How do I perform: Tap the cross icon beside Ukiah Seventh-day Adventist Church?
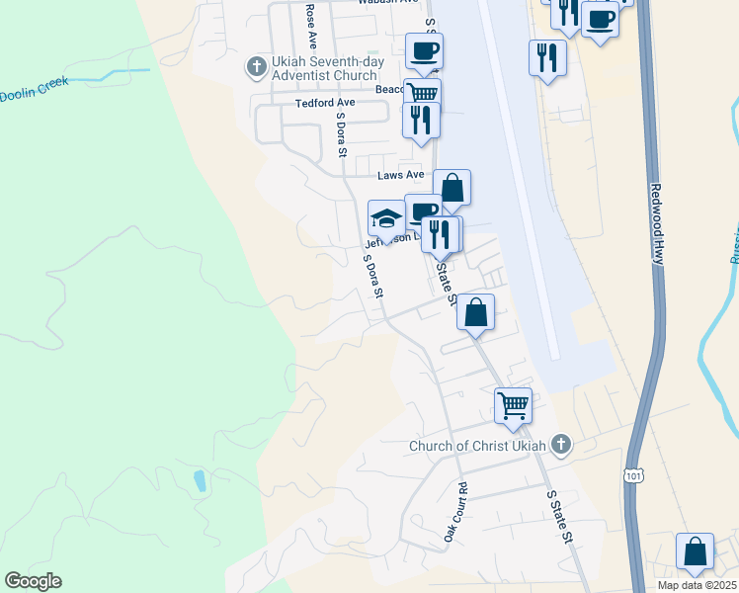click(x=256, y=67)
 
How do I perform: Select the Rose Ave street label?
click(x=311, y=27)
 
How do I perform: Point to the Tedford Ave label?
click(x=324, y=103)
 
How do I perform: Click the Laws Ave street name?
click(x=400, y=175)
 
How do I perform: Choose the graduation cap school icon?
click(x=386, y=217)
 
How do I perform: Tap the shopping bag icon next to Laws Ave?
click(x=452, y=187)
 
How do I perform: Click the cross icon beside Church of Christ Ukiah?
click(x=561, y=444)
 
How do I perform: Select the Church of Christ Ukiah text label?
click(x=478, y=446)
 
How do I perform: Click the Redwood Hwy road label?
click(x=656, y=222)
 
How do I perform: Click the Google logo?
click(x=33, y=581)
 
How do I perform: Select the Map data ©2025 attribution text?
click(x=697, y=585)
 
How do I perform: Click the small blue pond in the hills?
click(x=200, y=480)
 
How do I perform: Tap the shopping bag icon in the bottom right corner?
click(x=695, y=551)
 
